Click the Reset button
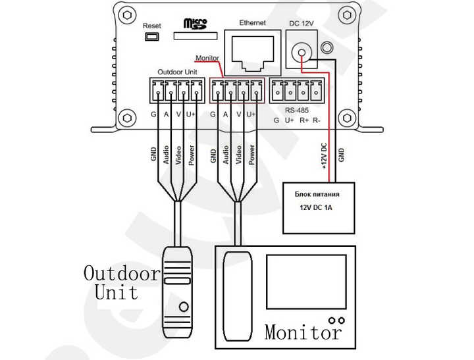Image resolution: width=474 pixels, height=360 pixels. pos(152,37)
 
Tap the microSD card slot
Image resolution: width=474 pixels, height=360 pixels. pos(196,36)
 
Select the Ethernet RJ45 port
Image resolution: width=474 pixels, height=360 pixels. pos(253,53)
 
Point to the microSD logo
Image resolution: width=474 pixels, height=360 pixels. pos(196,24)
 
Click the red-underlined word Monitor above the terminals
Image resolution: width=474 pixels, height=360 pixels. pos(207,58)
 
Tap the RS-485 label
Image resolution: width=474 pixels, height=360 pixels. pos(296,110)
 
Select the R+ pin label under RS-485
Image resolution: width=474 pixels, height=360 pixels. pos(303,120)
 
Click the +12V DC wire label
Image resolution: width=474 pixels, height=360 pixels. pos(324,156)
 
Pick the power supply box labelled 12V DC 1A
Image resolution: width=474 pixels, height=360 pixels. pos(319,208)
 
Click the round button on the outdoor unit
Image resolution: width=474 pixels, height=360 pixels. pos(184,307)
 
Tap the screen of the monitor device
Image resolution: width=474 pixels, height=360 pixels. pos(306,282)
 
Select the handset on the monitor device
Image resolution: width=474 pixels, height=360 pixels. pos(237,296)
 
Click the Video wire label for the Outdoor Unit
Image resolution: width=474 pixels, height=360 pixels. pos(178,155)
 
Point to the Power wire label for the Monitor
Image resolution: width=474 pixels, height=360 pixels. pos(251,155)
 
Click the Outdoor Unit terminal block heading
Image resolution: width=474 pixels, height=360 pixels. pos(178,72)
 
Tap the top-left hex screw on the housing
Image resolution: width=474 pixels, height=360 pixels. pos(127,14)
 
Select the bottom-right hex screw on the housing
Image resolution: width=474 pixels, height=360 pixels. pos(347,118)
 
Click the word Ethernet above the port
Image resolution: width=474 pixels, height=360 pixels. pos(252,22)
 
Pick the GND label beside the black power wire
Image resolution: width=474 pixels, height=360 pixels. pos(341,155)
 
